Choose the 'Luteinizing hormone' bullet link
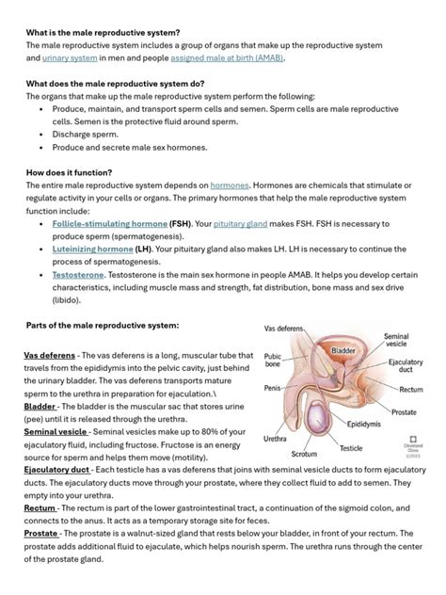pyautogui.click(x=92, y=249)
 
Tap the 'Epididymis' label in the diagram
pyautogui.click(x=363, y=425)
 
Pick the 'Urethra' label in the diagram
pyautogui.click(x=275, y=439)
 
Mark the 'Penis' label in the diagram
pyautogui.click(x=272, y=388)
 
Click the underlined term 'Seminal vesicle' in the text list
pyautogui.click(x=56, y=431)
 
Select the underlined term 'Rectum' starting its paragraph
pyautogui.click(x=40, y=507)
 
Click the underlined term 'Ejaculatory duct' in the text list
pyautogui.click(x=56, y=469)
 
